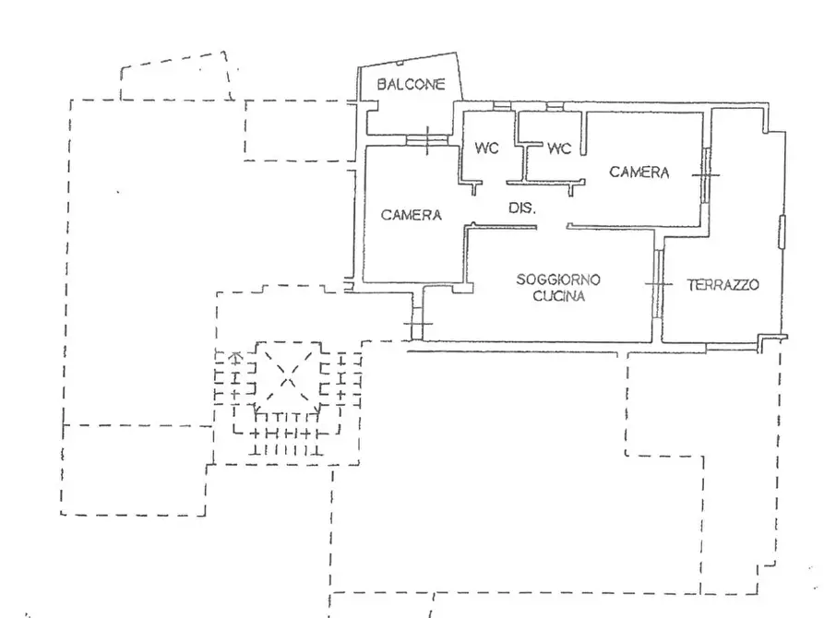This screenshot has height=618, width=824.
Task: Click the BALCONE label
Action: (411, 84)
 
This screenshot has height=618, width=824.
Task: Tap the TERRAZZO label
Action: (723, 285)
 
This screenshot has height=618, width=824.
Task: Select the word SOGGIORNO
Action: (558, 279)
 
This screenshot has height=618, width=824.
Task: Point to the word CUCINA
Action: (558, 296)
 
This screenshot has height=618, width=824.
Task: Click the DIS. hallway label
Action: (522, 208)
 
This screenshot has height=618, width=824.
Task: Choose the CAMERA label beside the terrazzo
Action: (639, 172)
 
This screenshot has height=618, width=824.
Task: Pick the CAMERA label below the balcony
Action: (411, 214)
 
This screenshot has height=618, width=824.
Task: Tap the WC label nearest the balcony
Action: (486, 148)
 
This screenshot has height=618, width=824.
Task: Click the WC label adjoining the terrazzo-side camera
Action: (559, 149)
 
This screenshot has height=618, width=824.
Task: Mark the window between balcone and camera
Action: (426, 140)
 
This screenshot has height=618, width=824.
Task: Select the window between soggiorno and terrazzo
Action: (658, 284)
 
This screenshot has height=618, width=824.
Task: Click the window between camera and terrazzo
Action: (706, 175)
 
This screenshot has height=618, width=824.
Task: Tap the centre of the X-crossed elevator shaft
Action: (288, 375)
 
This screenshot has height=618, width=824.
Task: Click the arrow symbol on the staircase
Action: (236, 357)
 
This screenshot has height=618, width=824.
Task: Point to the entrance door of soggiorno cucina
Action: (417, 323)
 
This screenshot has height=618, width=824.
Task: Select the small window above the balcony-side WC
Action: (502, 106)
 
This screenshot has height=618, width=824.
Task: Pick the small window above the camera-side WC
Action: (555, 107)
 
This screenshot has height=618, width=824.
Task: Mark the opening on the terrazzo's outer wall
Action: (782, 232)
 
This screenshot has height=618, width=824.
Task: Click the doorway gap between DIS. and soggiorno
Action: (551, 227)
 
